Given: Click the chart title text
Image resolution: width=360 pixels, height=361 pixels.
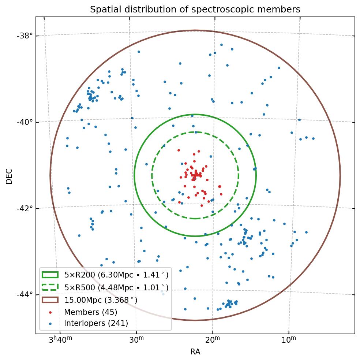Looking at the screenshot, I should pyautogui.click(x=195, y=10).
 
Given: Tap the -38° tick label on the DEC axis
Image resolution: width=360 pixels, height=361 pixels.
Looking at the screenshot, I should pyautogui.click(x=25, y=36).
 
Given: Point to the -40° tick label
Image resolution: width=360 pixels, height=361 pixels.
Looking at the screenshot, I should pyautogui.click(x=25, y=122).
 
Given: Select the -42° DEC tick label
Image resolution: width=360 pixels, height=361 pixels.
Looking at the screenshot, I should pyautogui.click(x=25, y=208).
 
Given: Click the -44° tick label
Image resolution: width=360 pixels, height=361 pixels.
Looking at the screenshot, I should pyautogui.click(x=25, y=294).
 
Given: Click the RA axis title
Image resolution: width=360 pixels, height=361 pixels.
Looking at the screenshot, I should pyautogui.click(x=195, y=352).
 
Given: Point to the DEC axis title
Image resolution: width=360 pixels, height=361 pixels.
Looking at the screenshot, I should pyautogui.click(x=9, y=176).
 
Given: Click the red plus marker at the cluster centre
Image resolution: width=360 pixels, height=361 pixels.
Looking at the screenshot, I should pyautogui.click(x=196, y=175).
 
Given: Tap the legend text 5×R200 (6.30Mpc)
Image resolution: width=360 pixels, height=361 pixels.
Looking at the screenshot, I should pyautogui.click(x=116, y=275).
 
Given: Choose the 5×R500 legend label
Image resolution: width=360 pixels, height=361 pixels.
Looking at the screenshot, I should pyautogui.click(x=116, y=287).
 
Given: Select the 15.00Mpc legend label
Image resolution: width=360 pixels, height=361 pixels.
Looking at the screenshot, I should pyautogui.click(x=101, y=300).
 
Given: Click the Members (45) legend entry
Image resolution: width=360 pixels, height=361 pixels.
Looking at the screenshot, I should pyautogui.click(x=90, y=312).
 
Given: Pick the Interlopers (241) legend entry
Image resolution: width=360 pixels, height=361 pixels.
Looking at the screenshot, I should pyautogui.click(x=96, y=323).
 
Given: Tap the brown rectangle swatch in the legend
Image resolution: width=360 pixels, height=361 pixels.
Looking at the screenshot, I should pyautogui.click(x=50, y=300).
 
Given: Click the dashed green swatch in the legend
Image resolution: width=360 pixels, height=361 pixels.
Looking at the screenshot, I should pyautogui.click(x=50, y=287).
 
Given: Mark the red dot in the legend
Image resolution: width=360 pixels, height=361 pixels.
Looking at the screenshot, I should pyautogui.click(x=50, y=312).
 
